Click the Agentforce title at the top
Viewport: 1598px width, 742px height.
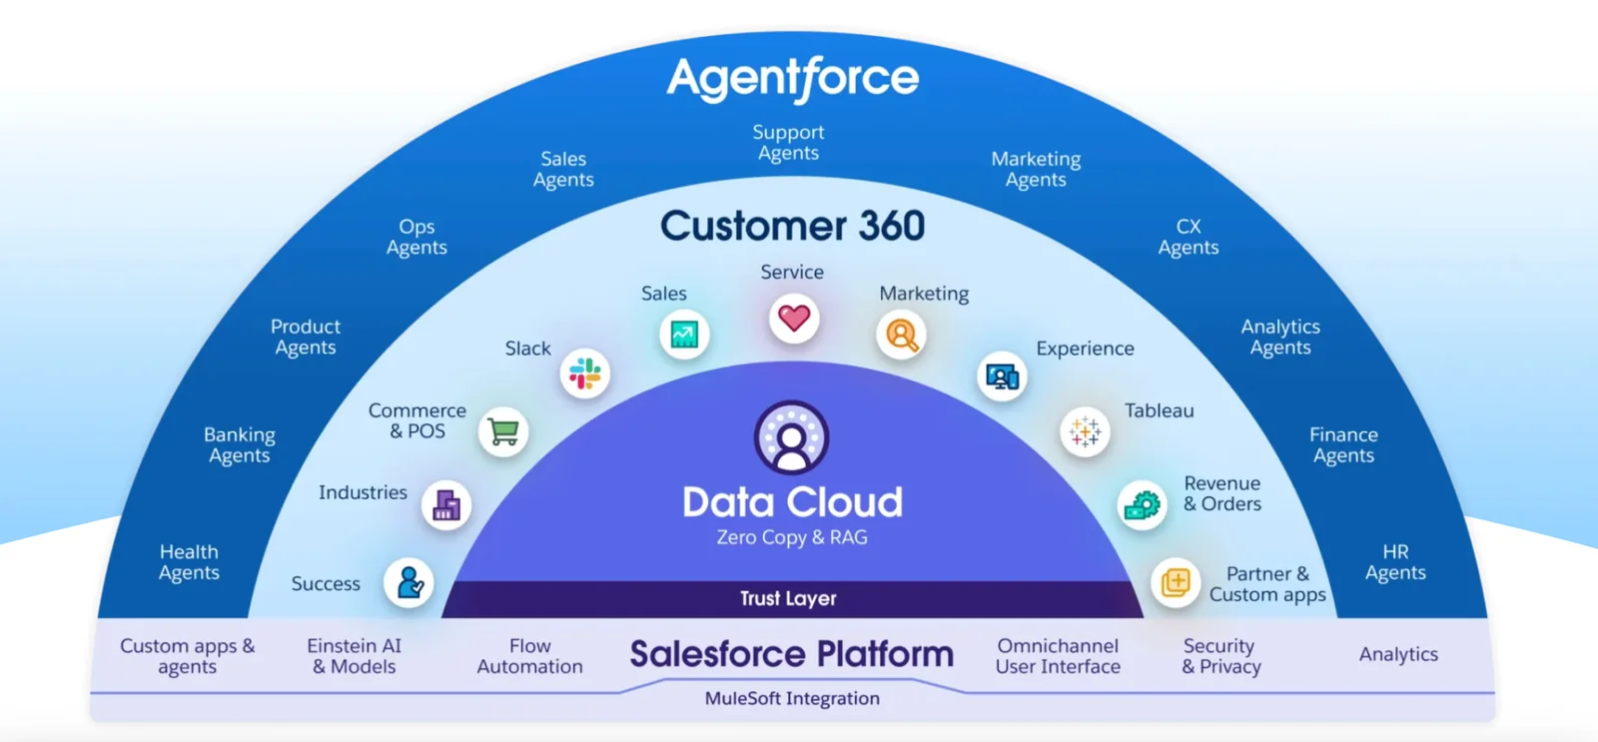[x=793, y=78]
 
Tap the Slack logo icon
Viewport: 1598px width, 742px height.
[x=585, y=374]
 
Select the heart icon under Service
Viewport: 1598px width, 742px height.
[x=794, y=319]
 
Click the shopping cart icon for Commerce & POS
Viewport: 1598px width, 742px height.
[x=503, y=432]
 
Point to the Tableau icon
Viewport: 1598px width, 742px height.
[x=1085, y=432]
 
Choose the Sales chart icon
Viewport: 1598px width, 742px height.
[x=684, y=335]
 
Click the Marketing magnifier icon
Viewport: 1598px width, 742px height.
[x=902, y=336]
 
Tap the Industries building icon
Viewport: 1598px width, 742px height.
[x=446, y=505]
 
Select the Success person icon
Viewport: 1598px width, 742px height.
[x=409, y=582]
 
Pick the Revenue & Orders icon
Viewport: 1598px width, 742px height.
[x=1143, y=505]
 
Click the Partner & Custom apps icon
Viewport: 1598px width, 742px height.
[x=1176, y=582]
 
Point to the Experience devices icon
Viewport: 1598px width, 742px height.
[x=1002, y=376]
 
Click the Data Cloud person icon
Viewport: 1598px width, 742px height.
[x=791, y=437]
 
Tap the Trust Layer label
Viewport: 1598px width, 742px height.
[x=788, y=598]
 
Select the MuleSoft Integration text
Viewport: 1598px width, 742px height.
[x=792, y=698]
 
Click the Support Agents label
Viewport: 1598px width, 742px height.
[x=788, y=142]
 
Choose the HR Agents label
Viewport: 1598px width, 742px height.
[x=1395, y=562]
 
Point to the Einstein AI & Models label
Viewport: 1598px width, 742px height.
[x=355, y=656]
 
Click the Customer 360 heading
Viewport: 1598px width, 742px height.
[x=792, y=226]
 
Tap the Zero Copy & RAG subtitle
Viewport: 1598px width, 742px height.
[x=792, y=537]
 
